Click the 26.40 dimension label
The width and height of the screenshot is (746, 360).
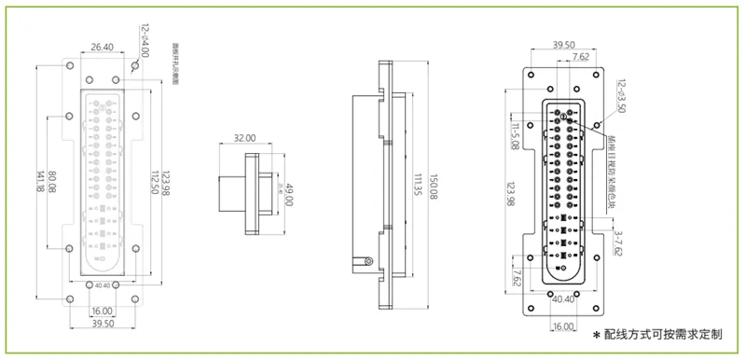tap(103, 47)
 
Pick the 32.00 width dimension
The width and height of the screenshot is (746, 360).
tap(244, 138)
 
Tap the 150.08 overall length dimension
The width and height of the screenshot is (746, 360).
tap(435, 184)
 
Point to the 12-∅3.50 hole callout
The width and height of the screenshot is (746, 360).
tap(623, 95)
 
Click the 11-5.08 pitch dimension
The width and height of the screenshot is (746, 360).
tap(515, 134)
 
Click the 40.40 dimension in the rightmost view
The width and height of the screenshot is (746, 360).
tap(563, 300)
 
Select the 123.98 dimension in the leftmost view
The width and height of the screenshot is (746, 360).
tap(167, 183)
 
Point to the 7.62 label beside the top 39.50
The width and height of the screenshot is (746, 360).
tap(580, 57)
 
